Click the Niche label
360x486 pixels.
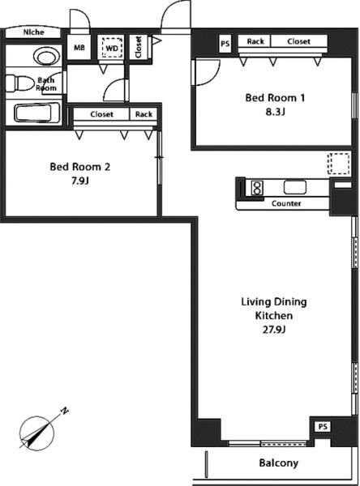[33, 32]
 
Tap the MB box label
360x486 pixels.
[79, 48]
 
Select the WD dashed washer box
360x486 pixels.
[112, 48]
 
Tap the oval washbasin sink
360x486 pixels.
[46, 57]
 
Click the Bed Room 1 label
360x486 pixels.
[275, 98]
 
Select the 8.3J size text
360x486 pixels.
[275, 112]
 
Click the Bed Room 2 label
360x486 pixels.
[79, 167]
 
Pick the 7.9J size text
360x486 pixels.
[80, 181]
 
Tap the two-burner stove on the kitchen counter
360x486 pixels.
[257, 188]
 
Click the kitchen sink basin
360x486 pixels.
[295, 187]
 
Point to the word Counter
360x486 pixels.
[286, 203]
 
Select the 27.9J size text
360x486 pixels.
[274, 329]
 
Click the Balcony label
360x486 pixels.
[279, 463]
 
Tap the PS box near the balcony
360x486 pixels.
[323, 427]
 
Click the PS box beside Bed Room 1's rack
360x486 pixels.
[225, 44]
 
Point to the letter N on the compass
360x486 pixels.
[64, 411]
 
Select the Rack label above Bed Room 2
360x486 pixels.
[144, 114]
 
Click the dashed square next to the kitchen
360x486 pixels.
[338, 164]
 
